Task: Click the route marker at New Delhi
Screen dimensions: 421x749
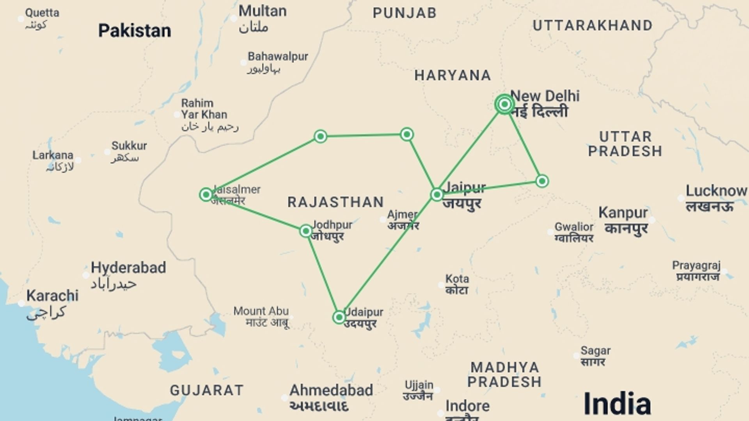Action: pos(504,104)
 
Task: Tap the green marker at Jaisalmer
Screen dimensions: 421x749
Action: pos(206,194)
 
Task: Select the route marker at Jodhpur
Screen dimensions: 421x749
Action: pos(306,231)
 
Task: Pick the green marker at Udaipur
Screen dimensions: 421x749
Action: pos(339,317)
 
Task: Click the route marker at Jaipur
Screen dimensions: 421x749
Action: pos(437,194)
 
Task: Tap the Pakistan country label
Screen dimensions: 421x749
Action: pos(135,30)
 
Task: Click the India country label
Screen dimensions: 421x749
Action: pos(617,404)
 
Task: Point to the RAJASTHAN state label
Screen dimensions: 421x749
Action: pos(336,202)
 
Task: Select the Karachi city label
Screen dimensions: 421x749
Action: pos(52,296)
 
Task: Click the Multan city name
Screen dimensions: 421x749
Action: pos(262,11)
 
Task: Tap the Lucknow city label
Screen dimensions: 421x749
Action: pos(716,191)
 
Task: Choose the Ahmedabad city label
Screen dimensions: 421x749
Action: pos(331,390)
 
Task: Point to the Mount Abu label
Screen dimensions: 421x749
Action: pos(261,311)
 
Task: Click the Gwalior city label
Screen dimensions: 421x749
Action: pos(574,227)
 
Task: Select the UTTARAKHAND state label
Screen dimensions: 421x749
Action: pos(593,26)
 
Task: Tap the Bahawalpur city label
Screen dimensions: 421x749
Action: pos(278,57)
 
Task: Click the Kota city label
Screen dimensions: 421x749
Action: pos(457,279)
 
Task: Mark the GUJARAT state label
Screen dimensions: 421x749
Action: pos(207,390)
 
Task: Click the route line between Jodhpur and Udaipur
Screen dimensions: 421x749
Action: pos(323,274)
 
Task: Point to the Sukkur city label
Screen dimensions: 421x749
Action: pos(129,146)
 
